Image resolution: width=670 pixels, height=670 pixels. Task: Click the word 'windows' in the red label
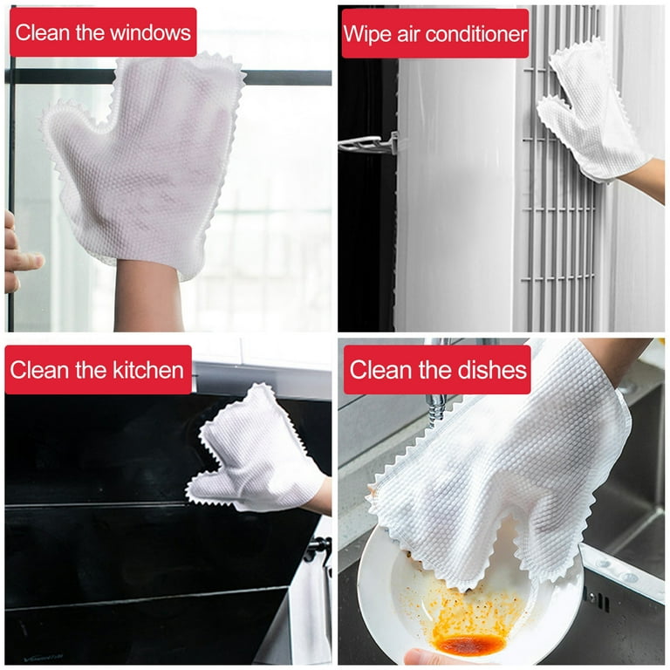pyautogui.click(x=149, y=33)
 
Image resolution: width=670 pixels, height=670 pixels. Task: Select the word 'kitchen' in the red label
pyautogui.click(x=148, y=370)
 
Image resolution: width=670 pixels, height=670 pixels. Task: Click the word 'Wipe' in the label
pyautogui.click(x=366, y=34)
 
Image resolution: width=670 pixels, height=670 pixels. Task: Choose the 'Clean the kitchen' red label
pyautogui.click(x=98, y=370)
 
